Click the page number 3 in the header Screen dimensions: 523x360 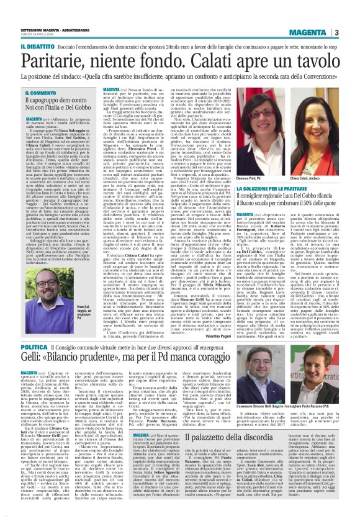coord(353,32)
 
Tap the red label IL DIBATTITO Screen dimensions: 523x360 coord(21,46)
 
